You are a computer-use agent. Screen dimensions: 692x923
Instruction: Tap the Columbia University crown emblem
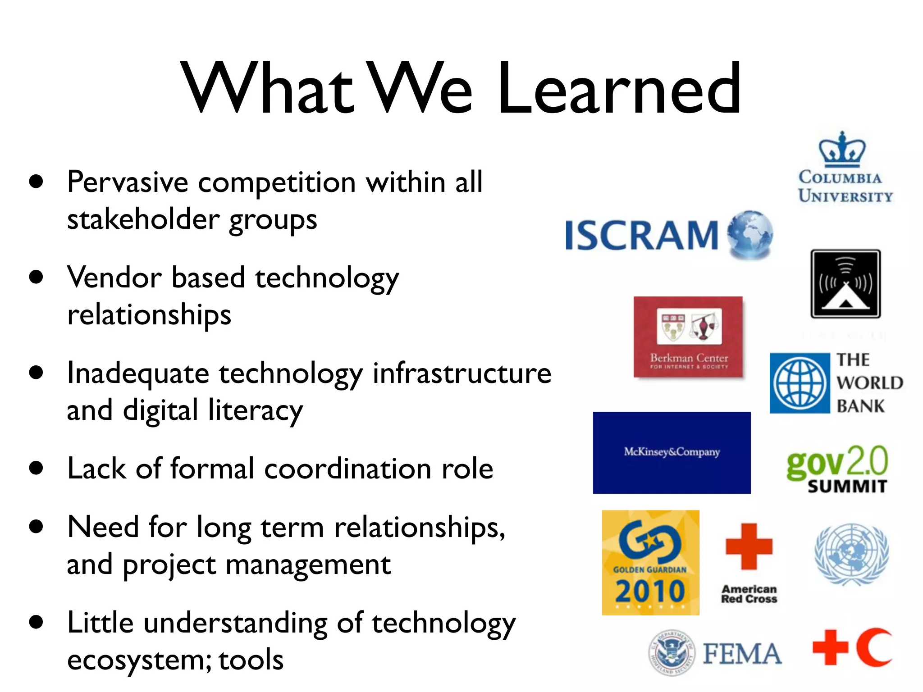click(842, 149)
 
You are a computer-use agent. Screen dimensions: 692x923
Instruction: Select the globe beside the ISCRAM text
click(750, 234)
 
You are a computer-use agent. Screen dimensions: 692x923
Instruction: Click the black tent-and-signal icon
click(845, 284)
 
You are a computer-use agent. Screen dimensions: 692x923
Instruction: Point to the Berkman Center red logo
click(688, 337)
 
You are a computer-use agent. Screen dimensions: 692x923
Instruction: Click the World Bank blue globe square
click(800, 383)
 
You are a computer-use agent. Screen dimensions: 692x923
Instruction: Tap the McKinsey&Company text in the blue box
click(672, 452)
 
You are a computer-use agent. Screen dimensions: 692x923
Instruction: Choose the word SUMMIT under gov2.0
click(847, 487)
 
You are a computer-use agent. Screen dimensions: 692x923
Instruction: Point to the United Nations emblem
click(851, 554)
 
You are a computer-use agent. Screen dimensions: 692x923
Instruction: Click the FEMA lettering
click(742, 654)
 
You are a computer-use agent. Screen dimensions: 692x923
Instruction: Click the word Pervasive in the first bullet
click(128, 182)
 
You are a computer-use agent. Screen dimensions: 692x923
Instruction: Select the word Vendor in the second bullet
click(114, 278)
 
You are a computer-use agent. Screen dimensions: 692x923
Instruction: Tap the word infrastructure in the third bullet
click(462, 373)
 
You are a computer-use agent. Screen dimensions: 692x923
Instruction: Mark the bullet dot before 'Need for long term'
click(36, 527)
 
